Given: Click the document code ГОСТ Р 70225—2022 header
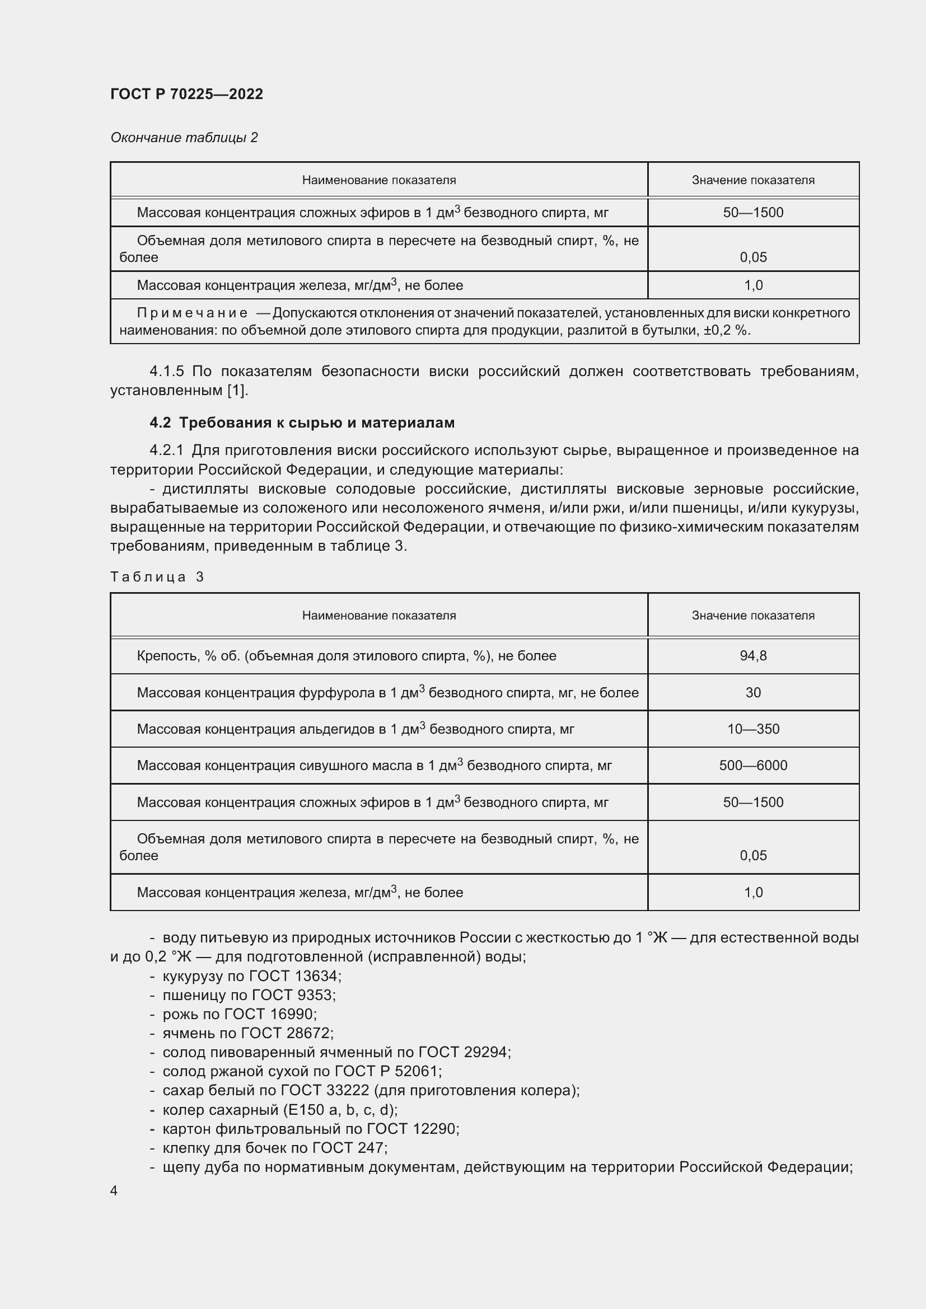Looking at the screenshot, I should tap(186, 94).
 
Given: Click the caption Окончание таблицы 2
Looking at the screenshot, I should tap(184, 138).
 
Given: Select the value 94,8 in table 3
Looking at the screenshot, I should tap(752, 656).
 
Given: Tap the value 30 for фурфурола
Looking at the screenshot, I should tap(752, 692).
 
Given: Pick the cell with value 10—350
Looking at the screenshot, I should tap(752, 729).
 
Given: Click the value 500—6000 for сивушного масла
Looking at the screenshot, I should tap(752, 765).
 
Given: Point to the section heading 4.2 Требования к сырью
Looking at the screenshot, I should tap(302, 423).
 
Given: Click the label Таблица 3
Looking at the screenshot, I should tap(157, 577).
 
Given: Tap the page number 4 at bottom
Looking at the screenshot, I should tap(114, 1190).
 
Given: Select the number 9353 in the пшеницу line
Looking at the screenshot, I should tap(315, 995).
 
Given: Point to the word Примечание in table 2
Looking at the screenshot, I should tap(192, 313).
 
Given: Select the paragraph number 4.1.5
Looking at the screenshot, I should tap(166, 372).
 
